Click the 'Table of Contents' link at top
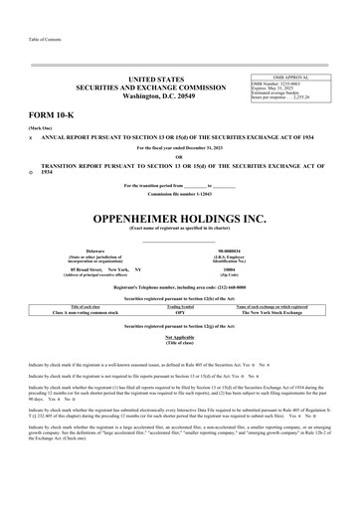[29, 39]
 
